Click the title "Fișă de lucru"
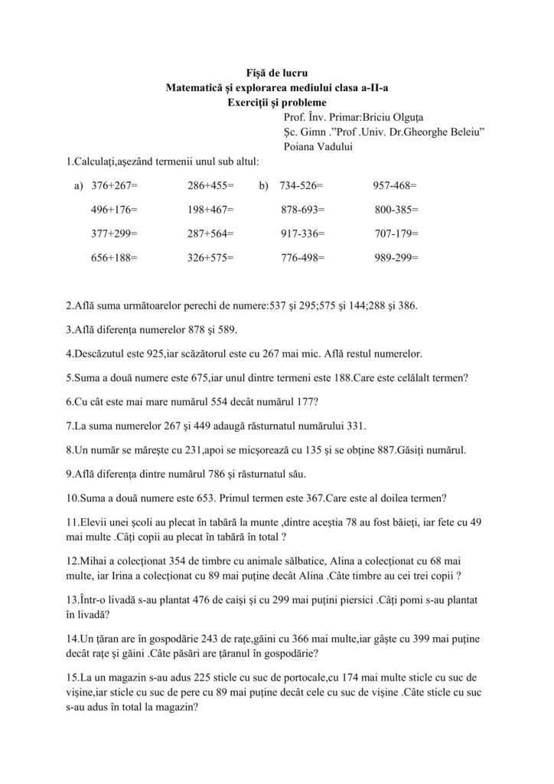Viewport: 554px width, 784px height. (x=276, y=73)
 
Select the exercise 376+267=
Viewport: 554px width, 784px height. (x=114, y=185)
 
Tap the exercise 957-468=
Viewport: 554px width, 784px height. (x=395, y=185)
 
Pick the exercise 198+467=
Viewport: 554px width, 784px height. (x=210, y=209)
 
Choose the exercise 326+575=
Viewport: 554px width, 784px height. (x=210, y=258)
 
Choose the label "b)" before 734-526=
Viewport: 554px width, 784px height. (x=264, y=185)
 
